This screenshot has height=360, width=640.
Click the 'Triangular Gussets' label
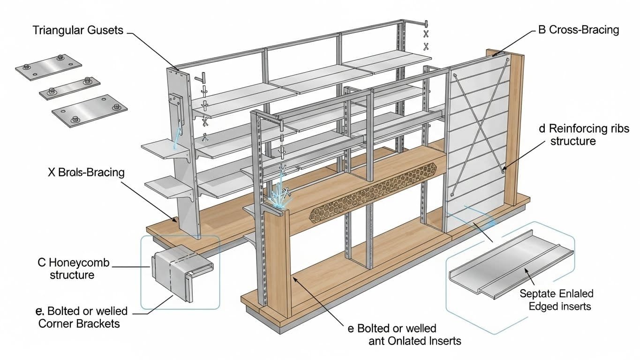pos(78,31)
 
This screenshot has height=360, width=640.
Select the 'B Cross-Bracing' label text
pos(579,30)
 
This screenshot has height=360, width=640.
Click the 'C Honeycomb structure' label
pos(73,268)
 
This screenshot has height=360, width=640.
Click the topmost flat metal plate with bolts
pos(49,67)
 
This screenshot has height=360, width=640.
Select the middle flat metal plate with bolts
pos(70,88)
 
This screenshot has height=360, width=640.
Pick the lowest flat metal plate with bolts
pos(89,110)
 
